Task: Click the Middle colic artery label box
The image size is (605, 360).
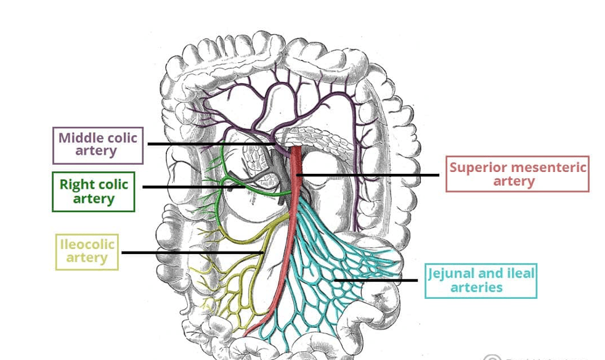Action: pos(97,145)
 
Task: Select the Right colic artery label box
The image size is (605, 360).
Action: pos(94,192)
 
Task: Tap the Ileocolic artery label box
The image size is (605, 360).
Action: pos(87,252)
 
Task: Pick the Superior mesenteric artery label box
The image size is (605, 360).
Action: pos(517,174)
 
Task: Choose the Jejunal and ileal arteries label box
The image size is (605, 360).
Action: pos(481,280)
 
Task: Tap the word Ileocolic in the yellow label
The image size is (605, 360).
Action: pos(87,244)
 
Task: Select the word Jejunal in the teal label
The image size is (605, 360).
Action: pos(452,273)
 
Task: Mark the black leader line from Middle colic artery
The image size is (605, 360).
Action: pos(209,144)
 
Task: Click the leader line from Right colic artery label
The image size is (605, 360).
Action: pos(185,187)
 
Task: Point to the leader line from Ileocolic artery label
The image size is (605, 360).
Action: pos(191,252)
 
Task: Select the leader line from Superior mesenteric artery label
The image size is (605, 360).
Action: pos(370,174)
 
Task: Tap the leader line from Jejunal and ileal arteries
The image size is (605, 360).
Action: pos(376,280)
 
